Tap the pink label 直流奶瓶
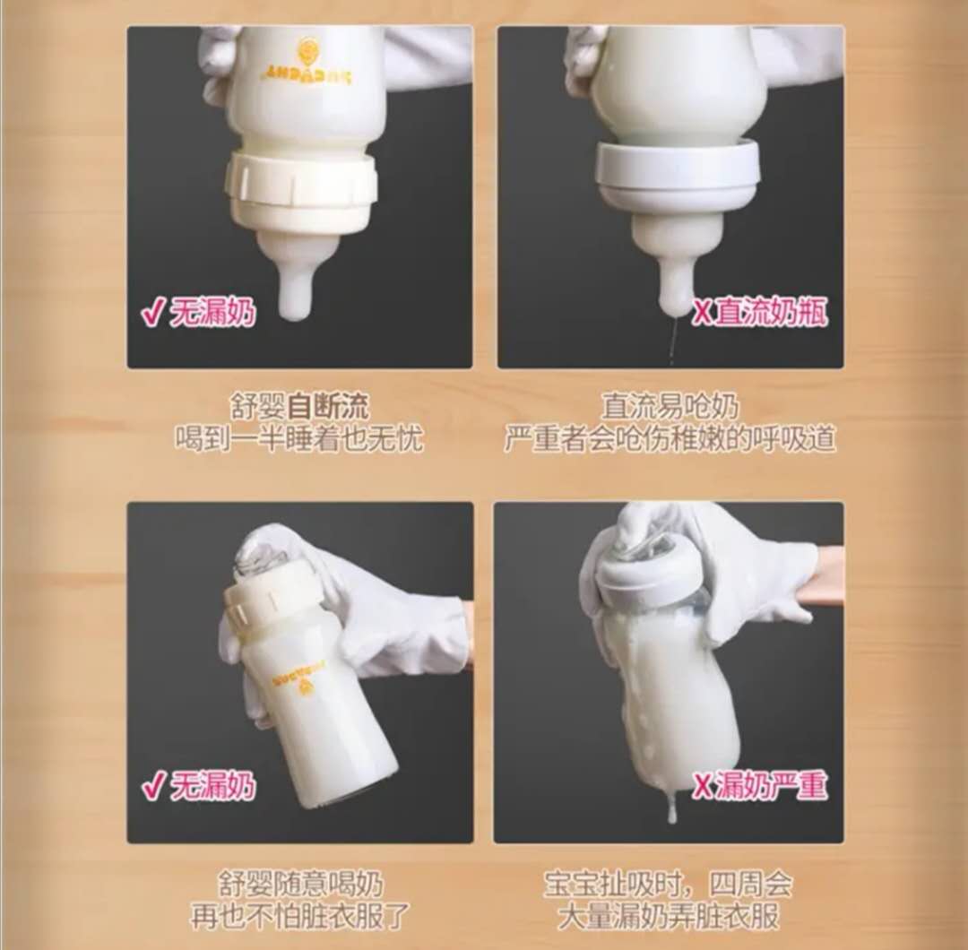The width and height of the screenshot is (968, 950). (770, 313)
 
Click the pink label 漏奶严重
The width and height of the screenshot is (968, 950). (770, 785)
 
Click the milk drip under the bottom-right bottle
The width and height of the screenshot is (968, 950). (671, 807)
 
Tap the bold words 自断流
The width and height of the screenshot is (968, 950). (327, 406)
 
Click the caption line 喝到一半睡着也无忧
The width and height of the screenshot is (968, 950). (299, 439)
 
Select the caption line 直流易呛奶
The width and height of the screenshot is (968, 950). (670, 406)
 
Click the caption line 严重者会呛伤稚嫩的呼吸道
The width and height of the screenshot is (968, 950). (670, 439)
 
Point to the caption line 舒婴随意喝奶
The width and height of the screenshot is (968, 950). (300, 884)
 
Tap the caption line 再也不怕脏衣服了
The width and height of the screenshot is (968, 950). (300, 917)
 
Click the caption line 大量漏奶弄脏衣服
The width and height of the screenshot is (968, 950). (668, 917)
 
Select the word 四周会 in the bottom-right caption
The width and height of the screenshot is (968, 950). (749, 884)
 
